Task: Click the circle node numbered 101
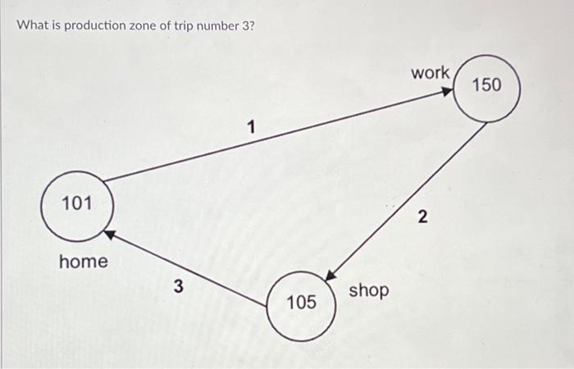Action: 77,204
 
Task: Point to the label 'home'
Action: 83,262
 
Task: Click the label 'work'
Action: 430,72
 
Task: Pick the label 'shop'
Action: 369,289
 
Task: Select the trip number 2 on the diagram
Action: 421,217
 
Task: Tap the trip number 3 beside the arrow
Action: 179,287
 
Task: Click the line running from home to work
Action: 271,137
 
